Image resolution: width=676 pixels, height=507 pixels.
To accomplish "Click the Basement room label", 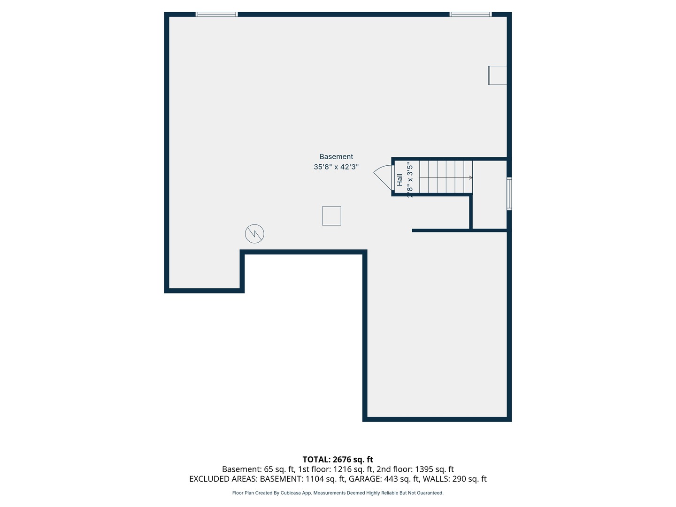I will coord(336,157).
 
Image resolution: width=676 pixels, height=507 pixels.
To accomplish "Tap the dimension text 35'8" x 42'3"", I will coord(336,167).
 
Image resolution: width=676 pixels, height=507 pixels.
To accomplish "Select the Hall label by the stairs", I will coord(399,179).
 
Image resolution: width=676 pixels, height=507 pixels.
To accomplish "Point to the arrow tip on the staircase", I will coord(471,178).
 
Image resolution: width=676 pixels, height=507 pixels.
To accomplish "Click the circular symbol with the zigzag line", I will coord(254,233).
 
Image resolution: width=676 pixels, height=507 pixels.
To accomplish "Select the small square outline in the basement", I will coord(331,216).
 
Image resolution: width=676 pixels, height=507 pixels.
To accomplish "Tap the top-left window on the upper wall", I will coord(216,15).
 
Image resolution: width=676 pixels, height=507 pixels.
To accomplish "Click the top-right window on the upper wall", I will coord(470,15).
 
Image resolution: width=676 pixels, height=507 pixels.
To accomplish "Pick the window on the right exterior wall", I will coord(509,193).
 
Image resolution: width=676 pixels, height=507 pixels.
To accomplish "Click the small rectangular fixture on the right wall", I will coord(498,75).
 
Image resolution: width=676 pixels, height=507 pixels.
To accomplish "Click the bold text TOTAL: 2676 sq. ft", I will coord(338,460).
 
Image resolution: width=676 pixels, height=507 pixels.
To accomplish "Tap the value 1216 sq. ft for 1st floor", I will coord(352,469).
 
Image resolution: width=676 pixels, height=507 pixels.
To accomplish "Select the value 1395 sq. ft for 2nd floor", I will coord(434,469).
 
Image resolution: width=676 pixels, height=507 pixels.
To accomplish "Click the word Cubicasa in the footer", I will coord(291,493).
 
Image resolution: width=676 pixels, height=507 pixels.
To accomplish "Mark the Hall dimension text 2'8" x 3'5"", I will coord(410,179).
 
